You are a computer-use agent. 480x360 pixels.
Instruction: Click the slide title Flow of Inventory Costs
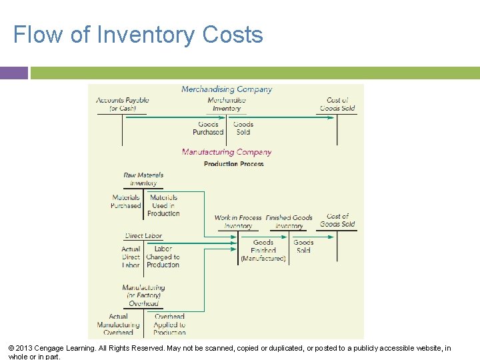(x=138, y=35)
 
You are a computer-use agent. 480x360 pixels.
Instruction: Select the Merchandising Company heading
(x=227, y=89)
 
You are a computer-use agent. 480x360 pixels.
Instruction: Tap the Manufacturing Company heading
(x=227, y=152)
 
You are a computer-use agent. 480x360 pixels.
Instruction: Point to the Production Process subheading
(x=234, y=164)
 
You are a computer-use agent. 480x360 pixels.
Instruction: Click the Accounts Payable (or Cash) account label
(x=123, y=104)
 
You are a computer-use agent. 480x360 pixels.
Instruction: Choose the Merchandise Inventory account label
(x=227, y=104)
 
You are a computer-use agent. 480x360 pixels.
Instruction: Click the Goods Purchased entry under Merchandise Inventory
(x=208, y=128)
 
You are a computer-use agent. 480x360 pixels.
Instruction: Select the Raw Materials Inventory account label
(x=143, y=179)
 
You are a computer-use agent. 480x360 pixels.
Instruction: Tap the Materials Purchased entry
(x=126, y=201)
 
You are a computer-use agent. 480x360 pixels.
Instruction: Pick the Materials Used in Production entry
(x=163, y=205)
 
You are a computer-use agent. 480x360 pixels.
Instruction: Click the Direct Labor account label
(x=143, y=236)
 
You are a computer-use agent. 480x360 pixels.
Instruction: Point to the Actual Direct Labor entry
(x=131, y=257)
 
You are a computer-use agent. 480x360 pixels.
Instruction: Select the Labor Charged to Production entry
(x=163, y=257)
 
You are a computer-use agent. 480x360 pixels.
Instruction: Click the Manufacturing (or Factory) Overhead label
(x=144, y=295)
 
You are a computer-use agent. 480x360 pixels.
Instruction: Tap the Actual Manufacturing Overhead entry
(x=118, y=325)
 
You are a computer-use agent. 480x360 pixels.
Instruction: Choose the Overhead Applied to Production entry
(x=169, y=325)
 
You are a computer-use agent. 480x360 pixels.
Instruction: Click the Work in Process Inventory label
(x=238, y=221)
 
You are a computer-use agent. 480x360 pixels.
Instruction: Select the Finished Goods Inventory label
(x=289, y=221)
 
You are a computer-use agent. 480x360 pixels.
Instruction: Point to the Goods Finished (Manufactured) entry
(x=263, y=251)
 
